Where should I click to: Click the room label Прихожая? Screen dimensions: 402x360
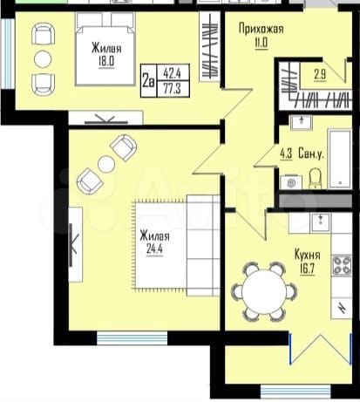coord(262,28)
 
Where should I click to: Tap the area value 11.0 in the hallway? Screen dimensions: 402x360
coord(261,41)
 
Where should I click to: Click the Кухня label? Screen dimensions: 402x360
coord(307,255)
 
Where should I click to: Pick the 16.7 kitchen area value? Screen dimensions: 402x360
coord(306,268)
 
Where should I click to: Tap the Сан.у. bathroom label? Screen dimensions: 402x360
coord(312,154)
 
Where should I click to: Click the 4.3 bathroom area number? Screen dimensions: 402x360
coord(286,154)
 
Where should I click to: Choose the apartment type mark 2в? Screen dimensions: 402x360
coord(148,81)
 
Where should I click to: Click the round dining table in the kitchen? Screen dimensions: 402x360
coord(264,290)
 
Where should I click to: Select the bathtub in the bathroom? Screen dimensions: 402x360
coord(339,156)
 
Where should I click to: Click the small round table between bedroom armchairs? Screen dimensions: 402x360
coord(42,59)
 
